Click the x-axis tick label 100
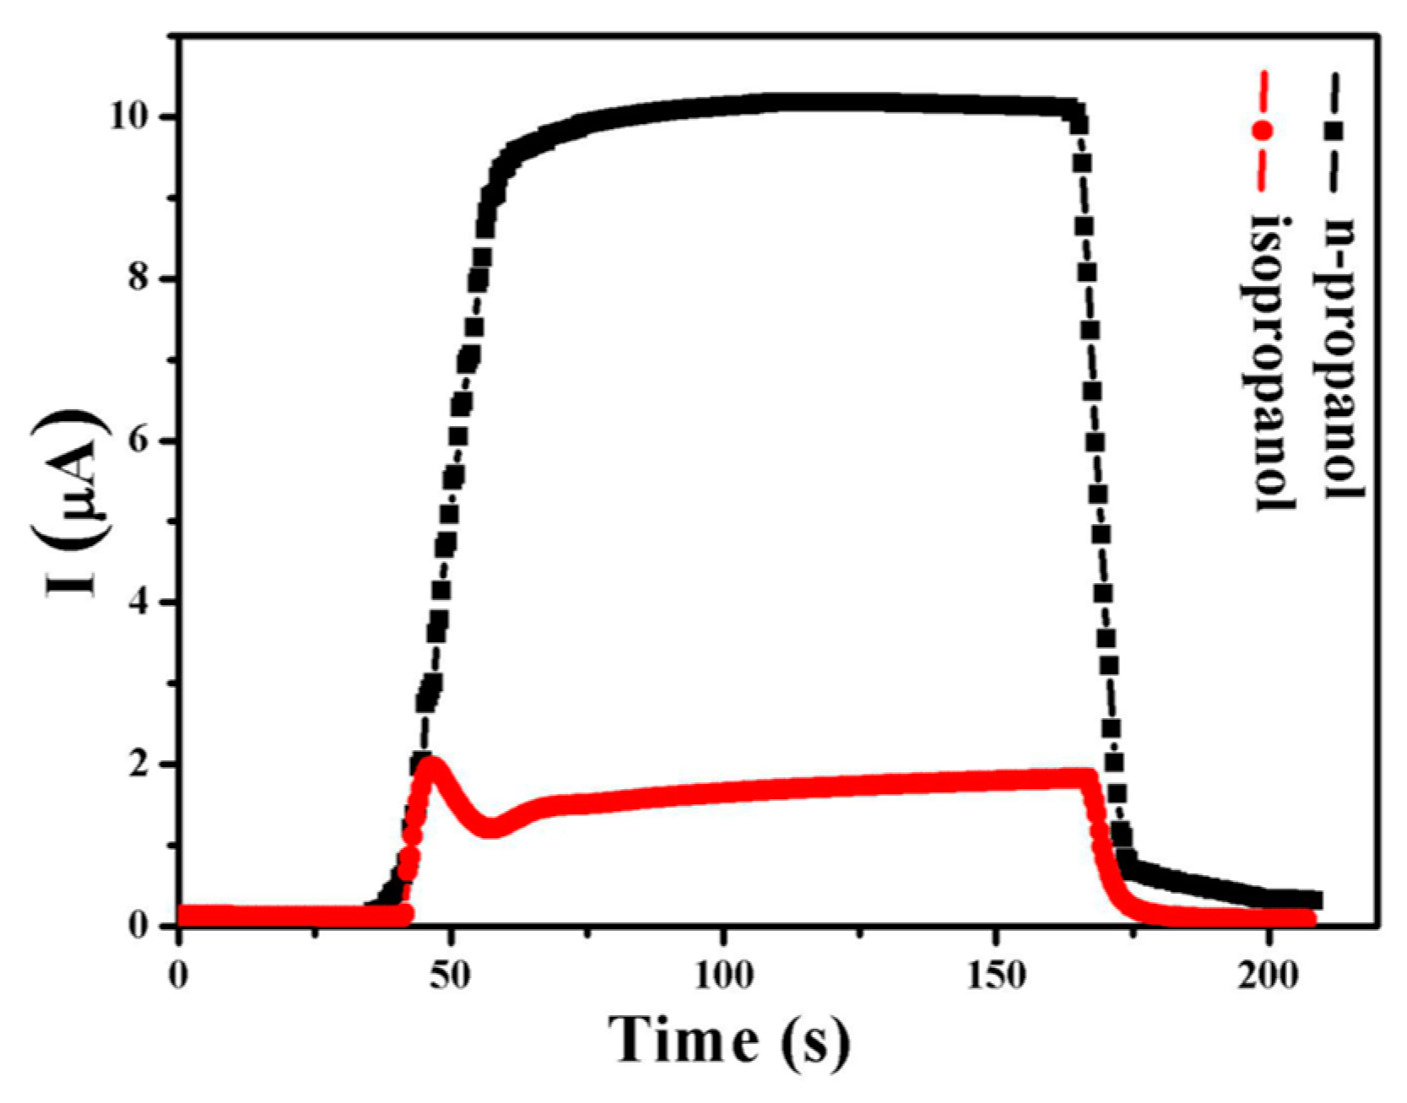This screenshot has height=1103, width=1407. pos(723,976)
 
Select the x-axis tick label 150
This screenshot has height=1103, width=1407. pos(997,976)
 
